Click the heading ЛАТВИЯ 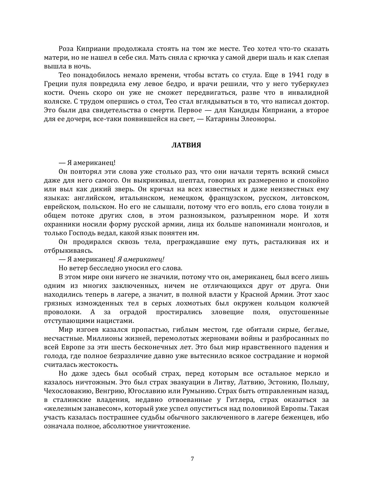click(186, 145)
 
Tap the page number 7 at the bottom click(192, 458)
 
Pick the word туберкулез click(310, 84)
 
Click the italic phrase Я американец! click(141, 259)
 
